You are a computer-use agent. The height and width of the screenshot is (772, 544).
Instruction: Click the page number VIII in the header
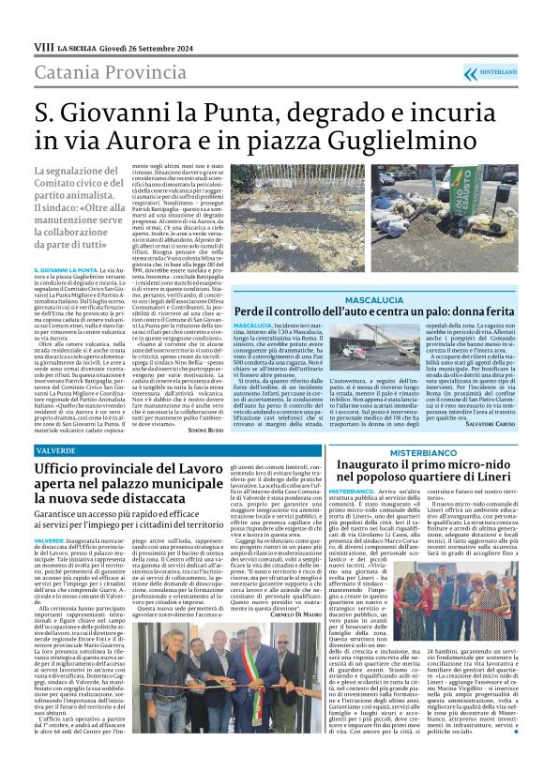coord(43,46)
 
